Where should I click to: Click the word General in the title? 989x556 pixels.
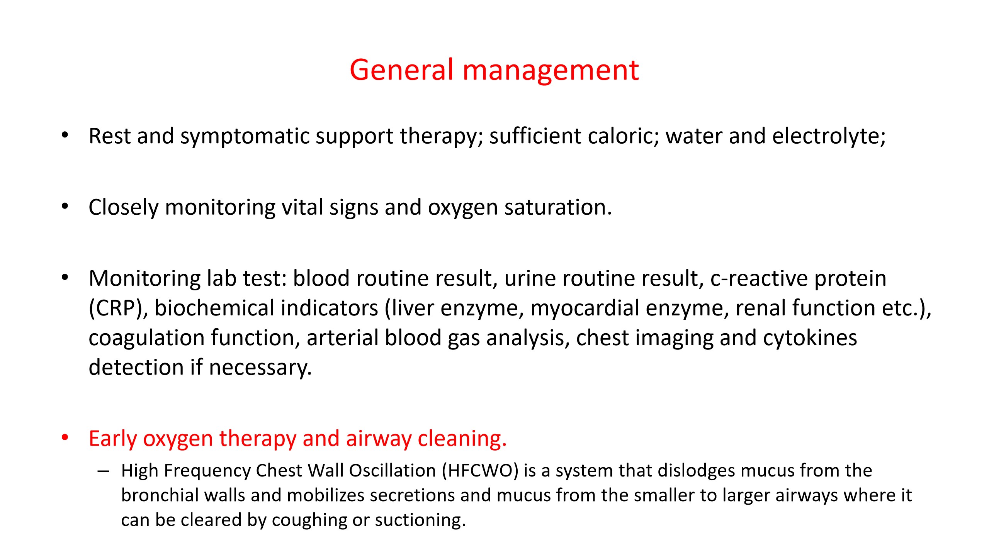click(401, 70)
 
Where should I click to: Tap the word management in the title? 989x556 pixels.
click(551, 71)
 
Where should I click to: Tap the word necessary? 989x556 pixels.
click(260, 368)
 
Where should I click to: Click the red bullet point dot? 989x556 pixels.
click(65, 438)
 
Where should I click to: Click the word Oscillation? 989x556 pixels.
click(393, 470)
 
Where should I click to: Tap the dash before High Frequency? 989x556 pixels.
click(104, 471)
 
